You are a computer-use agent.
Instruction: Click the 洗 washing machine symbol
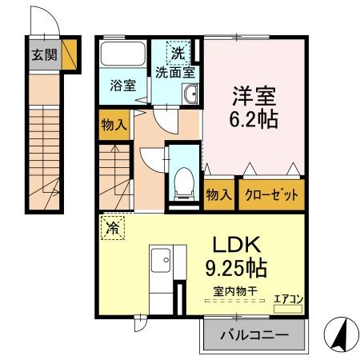pos(178,54)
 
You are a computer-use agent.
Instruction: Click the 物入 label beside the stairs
pos(114,124)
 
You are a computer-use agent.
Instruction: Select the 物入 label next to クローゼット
pos(219,194)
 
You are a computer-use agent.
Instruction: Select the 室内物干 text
pos(234,291)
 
